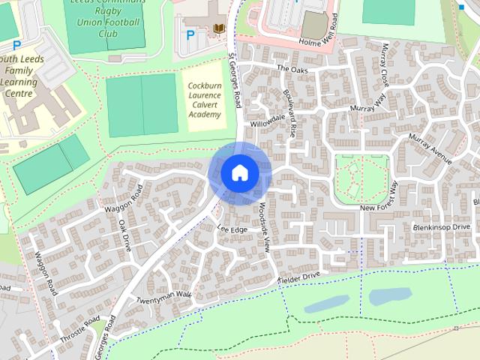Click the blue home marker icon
tap(239, 173)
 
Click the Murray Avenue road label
tap(430, 149)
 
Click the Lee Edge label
tap(232, 229)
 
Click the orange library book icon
tap(219, 29)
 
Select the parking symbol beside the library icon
tap(190, 34)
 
